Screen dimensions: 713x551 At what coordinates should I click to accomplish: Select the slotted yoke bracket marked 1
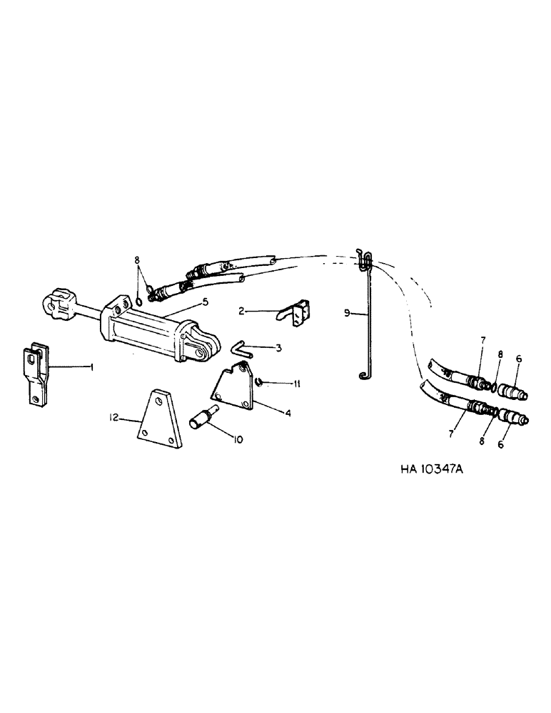[36, 374]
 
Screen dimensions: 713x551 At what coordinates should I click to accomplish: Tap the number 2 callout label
[241, 312]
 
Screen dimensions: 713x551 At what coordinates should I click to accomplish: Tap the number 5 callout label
[204, 302]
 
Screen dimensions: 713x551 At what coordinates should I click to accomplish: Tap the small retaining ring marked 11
[260, 382]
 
